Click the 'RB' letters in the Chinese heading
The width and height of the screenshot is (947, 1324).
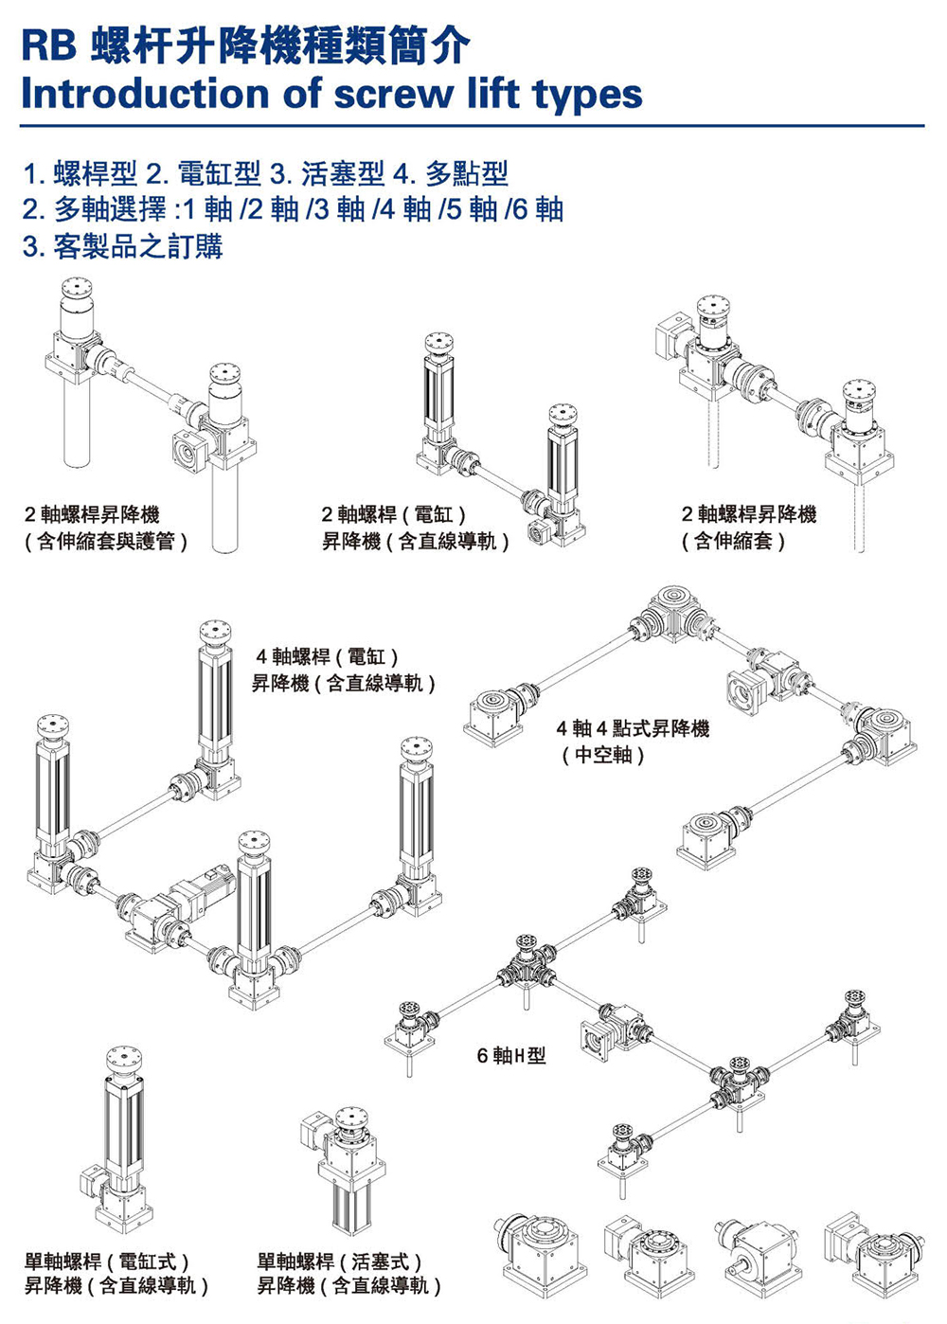(49, 46)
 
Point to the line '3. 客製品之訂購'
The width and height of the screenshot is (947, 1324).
(122, 247)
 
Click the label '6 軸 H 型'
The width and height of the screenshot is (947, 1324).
(511, 1055)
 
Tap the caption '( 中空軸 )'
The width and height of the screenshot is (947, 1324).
(603, 755)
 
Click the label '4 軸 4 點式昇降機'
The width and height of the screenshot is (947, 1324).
(633, 728)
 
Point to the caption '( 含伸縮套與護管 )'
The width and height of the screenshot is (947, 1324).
(106, 542)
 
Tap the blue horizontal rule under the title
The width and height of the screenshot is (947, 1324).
(472, 125)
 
